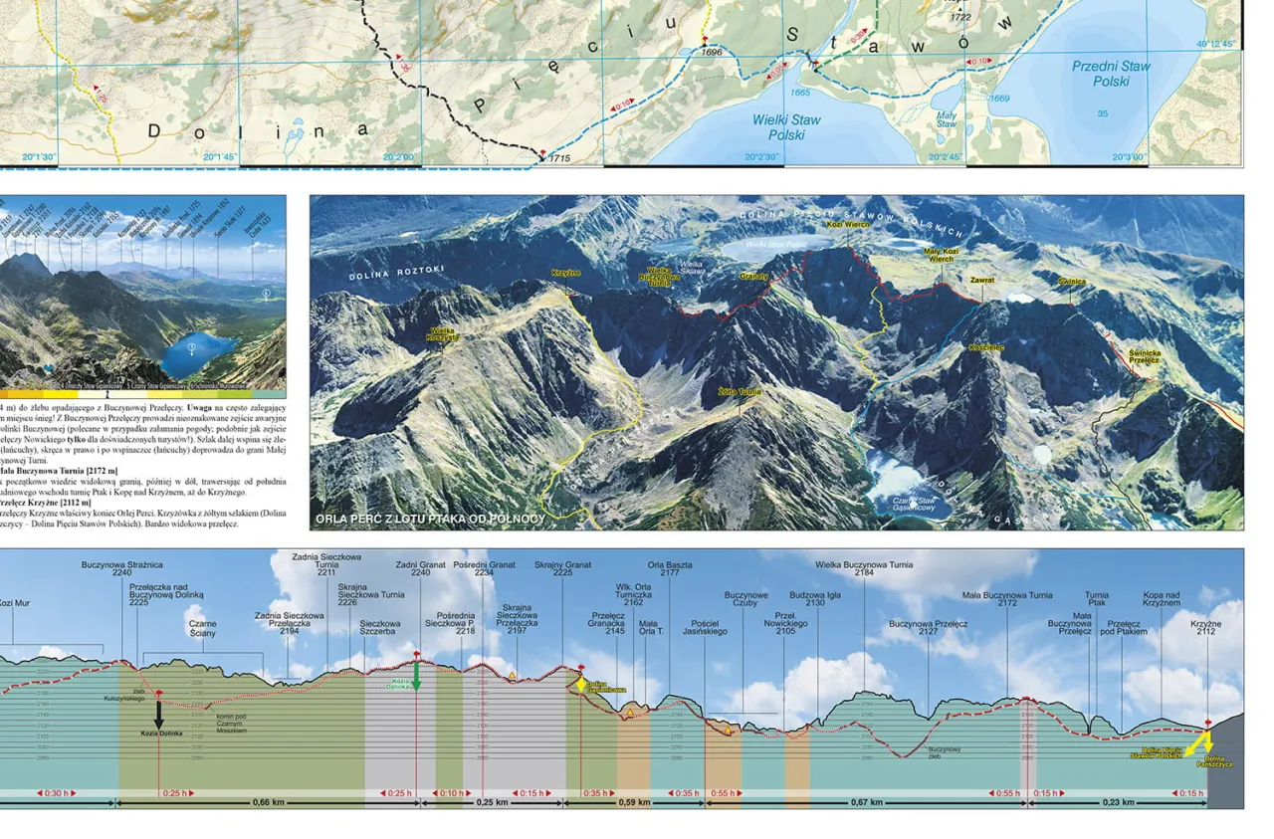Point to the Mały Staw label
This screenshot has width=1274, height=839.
[x=947, y=118]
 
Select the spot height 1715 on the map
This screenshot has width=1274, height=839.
[x=558, y=158]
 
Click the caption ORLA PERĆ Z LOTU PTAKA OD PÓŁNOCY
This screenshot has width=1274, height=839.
[x=430, y=519]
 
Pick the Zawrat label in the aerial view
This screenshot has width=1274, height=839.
[x=982, y=281]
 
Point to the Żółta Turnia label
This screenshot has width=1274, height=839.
[x=739, y=392]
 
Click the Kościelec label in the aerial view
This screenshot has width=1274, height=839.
[x=985, y=347]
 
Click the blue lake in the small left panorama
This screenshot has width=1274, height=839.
[x=199, y=352]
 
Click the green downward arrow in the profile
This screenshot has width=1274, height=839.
[x=417, y=677]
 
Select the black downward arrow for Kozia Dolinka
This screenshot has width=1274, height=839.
[x=158, y=713]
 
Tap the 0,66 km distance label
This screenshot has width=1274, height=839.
[x=269, y=802]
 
